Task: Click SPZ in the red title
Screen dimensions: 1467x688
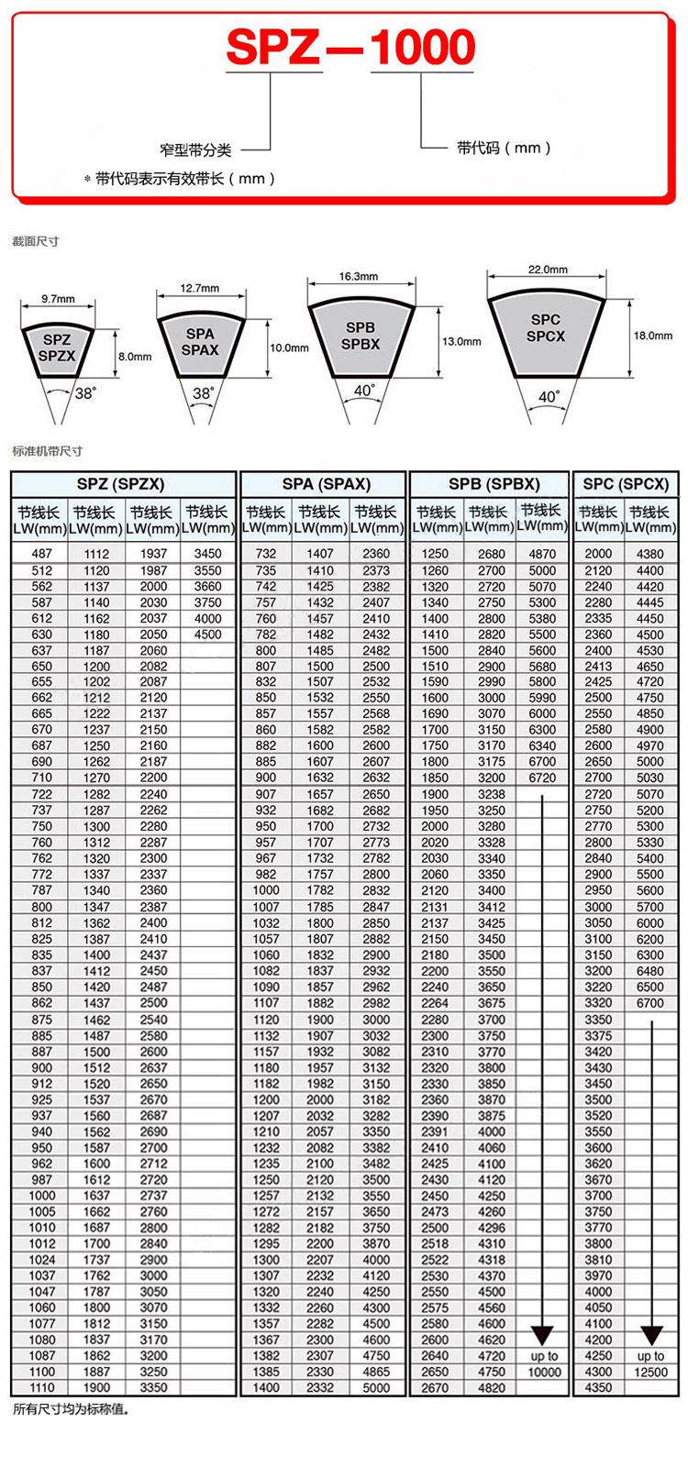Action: pyautogui.click(x=272, y=48)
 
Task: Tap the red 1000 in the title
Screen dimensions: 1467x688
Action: pyautogui.click(x=422, y=48)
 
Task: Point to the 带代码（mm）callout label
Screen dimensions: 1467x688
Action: pyautogui.click(x=504, y=148)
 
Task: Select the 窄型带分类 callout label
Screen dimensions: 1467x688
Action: pyautogui.click(x=195, y=149)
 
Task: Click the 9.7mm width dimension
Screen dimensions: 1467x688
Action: pyautogui.click(x=58, y=299)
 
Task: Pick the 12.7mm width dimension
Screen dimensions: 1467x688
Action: pyautogui.click(x=199, y=288)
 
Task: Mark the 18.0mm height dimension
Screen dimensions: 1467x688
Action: pyautogui.click(x=652, y=336)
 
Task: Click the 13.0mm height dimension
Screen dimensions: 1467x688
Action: pyautogui.click(x=461, y=341)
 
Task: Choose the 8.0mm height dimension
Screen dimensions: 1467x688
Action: pyautogui.click(x=135, y=357)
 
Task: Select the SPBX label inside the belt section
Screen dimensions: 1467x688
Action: pyautogui.click(x=360, y=345)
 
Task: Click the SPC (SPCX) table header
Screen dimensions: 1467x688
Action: pyautogui.click(x=626, y=484)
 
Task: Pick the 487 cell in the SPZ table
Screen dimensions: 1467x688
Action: pyautogui.click(x=42, y=554)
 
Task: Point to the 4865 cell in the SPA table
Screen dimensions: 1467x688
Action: pyautogui.click(x=375, y=1372)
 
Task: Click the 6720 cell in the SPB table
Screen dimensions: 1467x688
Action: pyautogui.click(x=542, y=778)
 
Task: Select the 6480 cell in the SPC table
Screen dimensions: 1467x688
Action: pyautogui.click(x=649, y=971)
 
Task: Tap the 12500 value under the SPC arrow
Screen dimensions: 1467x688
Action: pyautogui.click(x=650, y=1372)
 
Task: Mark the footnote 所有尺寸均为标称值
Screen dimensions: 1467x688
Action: pyautogui.click(x=72, y=1408)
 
